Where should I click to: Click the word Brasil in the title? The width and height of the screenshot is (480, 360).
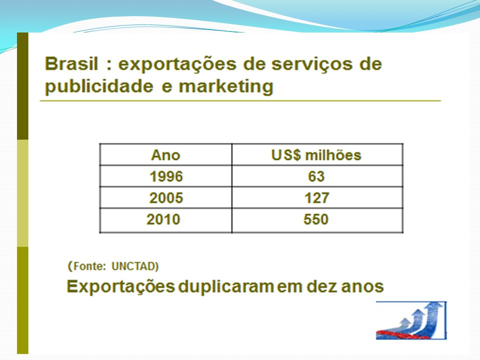[71, 64]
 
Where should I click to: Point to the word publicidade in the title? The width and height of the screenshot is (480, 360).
[99, 86]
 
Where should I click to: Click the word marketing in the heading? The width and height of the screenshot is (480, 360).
[225, 86]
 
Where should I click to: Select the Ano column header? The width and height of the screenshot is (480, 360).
[165, 155]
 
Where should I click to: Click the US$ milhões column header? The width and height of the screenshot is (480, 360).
[316, 155]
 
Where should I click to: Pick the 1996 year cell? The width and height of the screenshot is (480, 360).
[166, 176]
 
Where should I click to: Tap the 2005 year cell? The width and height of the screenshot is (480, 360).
[166, 198]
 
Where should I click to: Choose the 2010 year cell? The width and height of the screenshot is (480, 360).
[163, 219]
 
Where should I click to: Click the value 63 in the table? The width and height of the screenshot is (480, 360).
[316, 176]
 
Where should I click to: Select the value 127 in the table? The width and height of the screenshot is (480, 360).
[316, 198]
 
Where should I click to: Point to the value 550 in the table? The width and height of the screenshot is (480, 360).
[316, 219]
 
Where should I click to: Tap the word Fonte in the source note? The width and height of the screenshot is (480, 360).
[88, 266]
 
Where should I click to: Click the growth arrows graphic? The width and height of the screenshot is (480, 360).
[411, 320]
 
